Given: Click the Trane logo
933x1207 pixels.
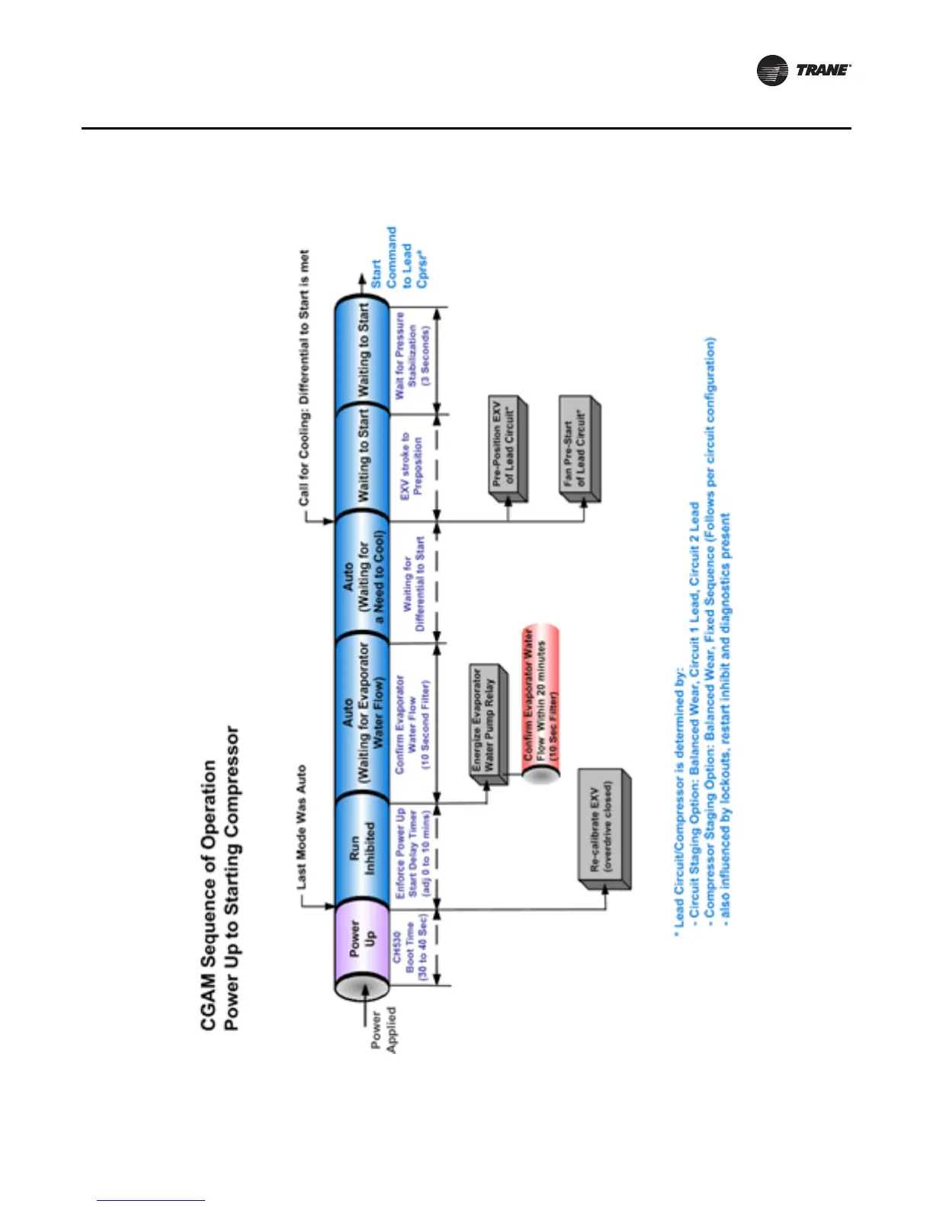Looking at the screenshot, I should [803, 70].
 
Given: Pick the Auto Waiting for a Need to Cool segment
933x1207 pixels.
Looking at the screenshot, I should [362, 574].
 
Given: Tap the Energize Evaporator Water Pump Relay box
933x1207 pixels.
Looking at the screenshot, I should [487, 720].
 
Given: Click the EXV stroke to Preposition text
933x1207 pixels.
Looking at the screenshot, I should [412, 466].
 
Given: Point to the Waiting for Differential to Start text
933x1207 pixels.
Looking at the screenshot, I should [412, 583].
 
